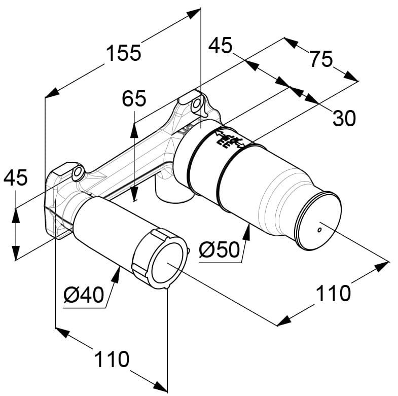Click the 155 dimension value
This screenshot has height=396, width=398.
click(x=123, y=53)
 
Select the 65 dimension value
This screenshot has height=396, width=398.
click(x=134, y=98)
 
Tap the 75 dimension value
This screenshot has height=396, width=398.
click(x=321, y=59)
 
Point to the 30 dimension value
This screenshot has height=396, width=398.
click(x=344, y=118)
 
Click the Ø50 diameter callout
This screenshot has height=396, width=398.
click(x=219, y=249)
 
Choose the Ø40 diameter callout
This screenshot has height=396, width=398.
click(x=84, y=295)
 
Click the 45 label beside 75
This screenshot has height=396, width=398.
click(x=221, y=46)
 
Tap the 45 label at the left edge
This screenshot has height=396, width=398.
click(x=15, y=177)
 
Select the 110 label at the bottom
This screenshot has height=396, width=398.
click(x=112, y=359)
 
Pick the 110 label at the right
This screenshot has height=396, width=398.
click(x=333, y=294)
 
